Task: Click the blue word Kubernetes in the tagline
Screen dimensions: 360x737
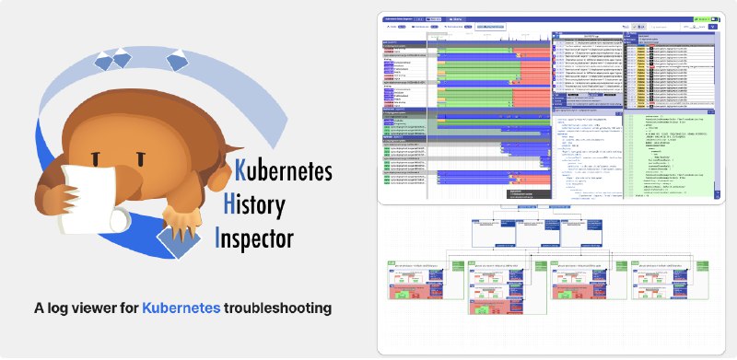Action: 181,308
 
